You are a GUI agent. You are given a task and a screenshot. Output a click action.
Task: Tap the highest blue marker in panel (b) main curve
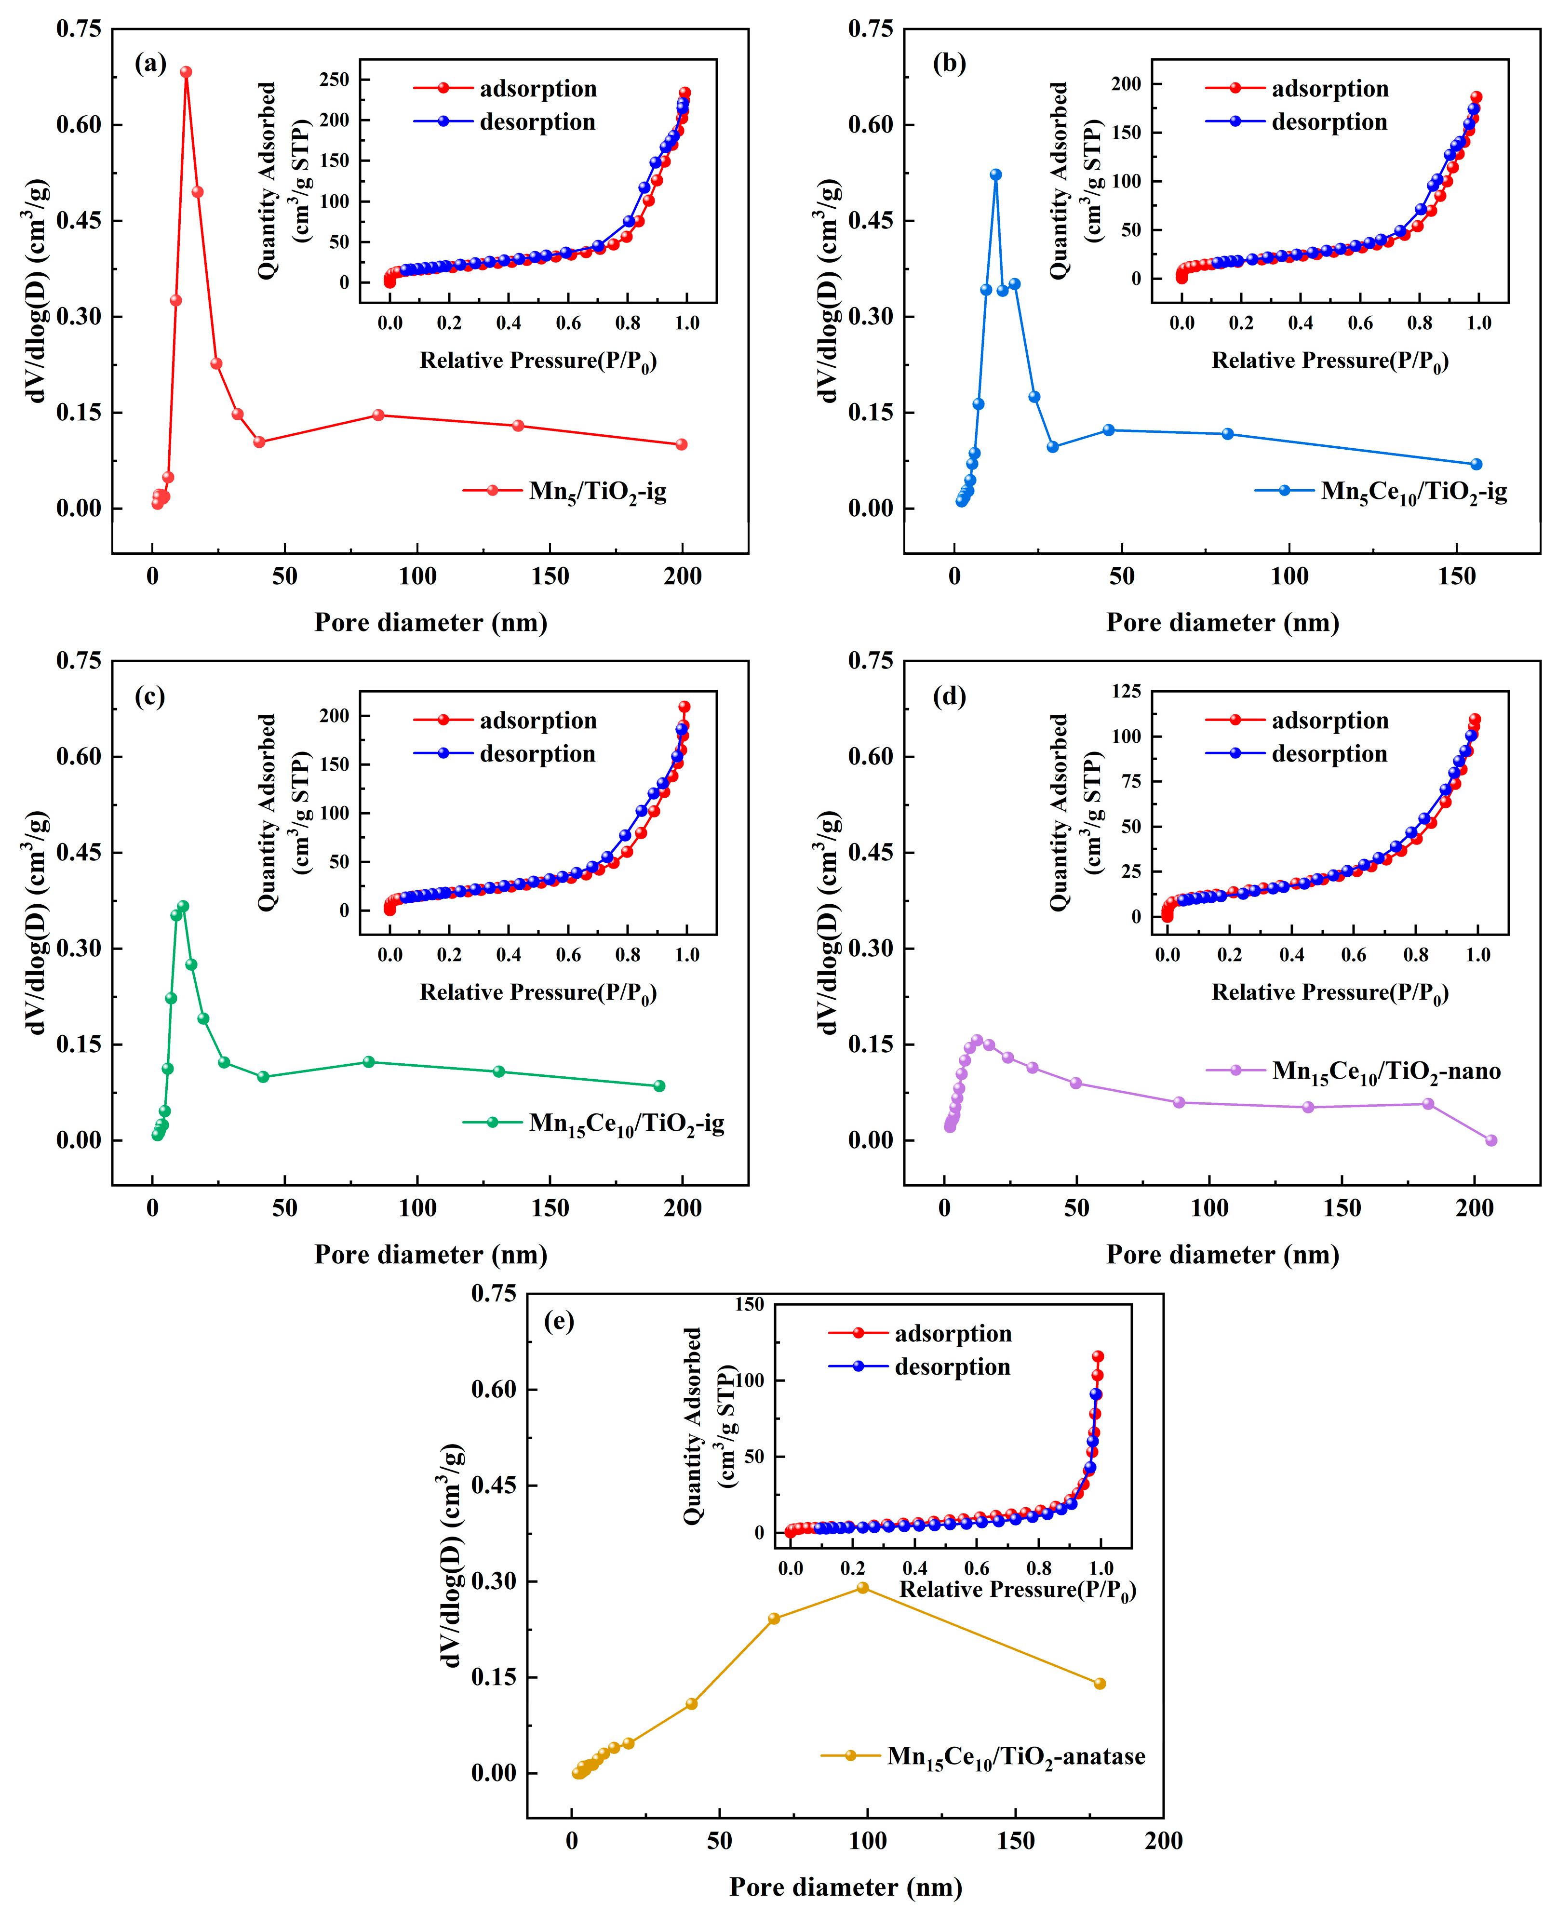click(x=995, y=175)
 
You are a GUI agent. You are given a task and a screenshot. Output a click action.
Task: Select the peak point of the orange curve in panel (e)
click(x=863, y=1588)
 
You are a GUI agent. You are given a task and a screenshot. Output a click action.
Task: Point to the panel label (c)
click(x=150, y=697)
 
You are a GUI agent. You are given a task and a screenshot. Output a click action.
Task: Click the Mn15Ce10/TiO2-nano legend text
click(x=1386, y=1071)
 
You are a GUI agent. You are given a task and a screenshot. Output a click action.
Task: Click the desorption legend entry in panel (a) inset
click(x=537, y=122)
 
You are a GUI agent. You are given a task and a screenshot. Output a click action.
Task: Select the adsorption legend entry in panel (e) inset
click(x=953, y=1334)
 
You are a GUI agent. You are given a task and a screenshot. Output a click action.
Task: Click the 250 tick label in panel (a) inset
click(x=334, y=80)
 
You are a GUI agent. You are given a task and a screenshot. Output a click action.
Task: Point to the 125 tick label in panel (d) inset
click(x=1127, y=691)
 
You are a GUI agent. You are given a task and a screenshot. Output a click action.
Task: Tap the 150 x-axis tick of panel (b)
click(x=1457, y=577)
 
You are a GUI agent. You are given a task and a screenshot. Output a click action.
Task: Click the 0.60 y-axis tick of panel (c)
click(x=79, y=756)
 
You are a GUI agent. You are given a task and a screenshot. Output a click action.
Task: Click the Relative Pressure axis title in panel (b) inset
click(x=1330, y=361)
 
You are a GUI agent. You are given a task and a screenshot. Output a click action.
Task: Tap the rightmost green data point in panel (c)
click(x=659, y=1086)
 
